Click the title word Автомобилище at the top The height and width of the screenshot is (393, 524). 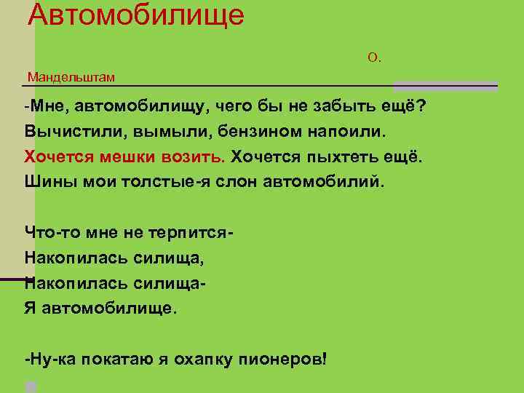[x=136, y=15]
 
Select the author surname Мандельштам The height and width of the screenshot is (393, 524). [x=71, y=76]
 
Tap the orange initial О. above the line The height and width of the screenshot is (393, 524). [x=374, y=57]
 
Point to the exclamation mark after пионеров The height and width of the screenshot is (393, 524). [x=323, y=359]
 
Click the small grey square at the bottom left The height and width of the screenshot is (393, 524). [x=31, y=386]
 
